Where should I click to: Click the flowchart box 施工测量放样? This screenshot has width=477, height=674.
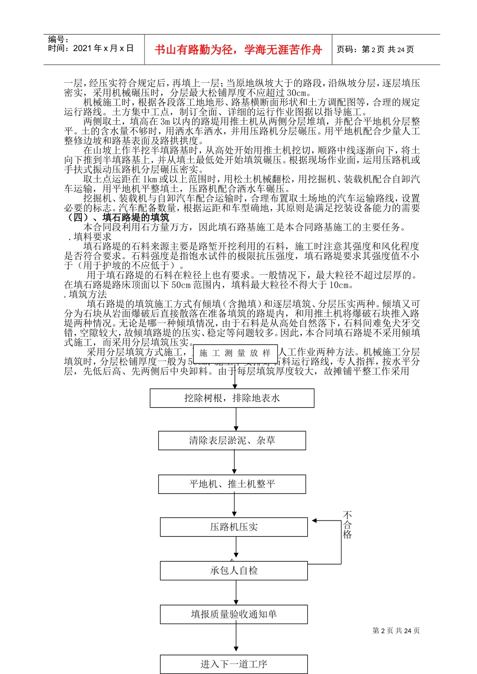pyautogui.click(x=235, y=353)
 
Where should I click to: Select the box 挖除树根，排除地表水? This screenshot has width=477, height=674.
pyautogui.click(x=232, y=398)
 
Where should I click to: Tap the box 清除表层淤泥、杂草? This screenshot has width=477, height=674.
pyautogui.click(x=232, y=440)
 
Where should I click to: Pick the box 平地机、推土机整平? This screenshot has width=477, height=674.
pyautogui.click(x=232, y=484)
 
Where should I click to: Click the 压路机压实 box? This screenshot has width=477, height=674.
pyautogui.click(x=233, y=527)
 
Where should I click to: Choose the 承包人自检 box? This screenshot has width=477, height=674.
pyautogui.click(x=233, y=570)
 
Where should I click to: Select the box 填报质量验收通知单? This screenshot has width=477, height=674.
pyautogui.click(x=233, y=614)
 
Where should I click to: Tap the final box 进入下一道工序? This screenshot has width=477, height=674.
pyautogui.click(x=233, y=664)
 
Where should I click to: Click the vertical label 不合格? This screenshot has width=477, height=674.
pyautogui.click(x=347, y=525)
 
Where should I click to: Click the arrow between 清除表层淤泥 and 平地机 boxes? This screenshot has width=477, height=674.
pyautogui.click(x=234, y=462)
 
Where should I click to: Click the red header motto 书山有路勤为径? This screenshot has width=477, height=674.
pyautogui.click(x=238, y=50)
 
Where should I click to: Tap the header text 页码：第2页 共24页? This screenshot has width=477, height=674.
pyautogui.click(x=375, y=50)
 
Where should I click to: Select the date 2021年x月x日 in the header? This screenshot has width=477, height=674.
pyautogui.click(x=103, y=48)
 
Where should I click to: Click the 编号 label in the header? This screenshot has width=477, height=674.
pyautogui.click(x=58, y=40)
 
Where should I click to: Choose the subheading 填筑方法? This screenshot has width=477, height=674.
pyautogui.click(x=87, y=294)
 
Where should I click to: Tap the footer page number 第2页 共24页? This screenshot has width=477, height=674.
pyautogui.click(x=396, y=630)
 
